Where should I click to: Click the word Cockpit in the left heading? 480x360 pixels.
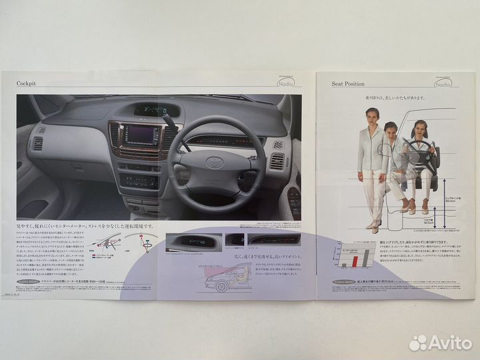(x=30, y=83)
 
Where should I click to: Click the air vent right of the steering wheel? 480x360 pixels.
(x=277, y=161)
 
